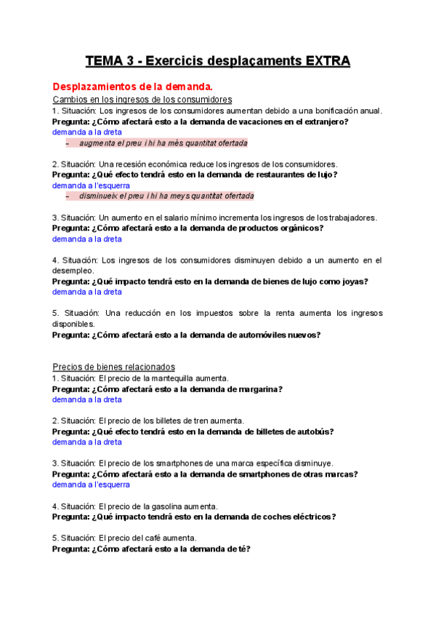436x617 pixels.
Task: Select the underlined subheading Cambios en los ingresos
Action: pyautogui.click(x=142, y=100)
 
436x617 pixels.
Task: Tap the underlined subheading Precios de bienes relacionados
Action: pyautogui.click(x=113, y=367)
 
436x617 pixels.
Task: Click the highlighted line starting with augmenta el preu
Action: pyautogui.click(x=163, y=143)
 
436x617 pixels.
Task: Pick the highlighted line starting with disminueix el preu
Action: pyautogui.click(x=166, y=196)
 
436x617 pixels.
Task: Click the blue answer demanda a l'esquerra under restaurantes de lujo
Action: pyautogui.click(x=86, y=186)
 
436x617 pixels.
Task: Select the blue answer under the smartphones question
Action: pyautogui.click(x=91, y=485)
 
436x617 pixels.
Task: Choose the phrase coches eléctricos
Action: pyautogui.click(x=292, y=517)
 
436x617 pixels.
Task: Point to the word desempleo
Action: pyautogui.click(x=73, y=271)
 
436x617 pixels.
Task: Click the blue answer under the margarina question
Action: pyautogui.click(x=86, y=399)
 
